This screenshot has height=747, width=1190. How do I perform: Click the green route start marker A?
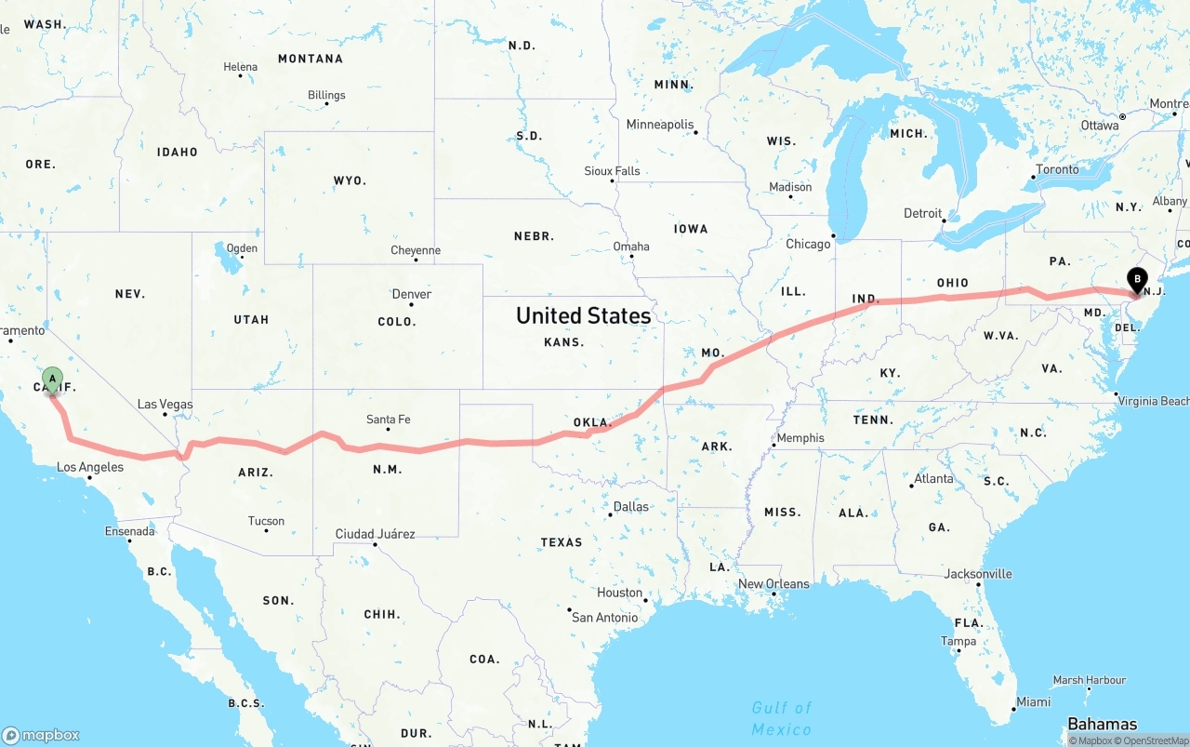(53, 379)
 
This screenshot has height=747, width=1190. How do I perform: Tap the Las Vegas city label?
(165, 405)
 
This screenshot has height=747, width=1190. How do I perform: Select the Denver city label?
(411, 294)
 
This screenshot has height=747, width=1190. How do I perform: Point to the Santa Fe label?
(388, 420)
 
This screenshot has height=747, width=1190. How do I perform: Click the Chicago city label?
(808, 244)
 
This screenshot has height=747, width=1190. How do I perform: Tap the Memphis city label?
(800, 438)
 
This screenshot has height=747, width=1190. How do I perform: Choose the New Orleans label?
(773, 584)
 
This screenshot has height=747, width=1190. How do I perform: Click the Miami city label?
(1033, 701)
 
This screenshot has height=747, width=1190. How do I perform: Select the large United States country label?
(583, 316)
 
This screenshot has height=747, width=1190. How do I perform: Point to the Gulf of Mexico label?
(782, 718)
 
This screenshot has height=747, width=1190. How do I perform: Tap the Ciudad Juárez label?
(375, 534)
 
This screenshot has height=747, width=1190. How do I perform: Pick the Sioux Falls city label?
(612, 171)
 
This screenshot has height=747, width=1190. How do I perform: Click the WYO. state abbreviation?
(350, 180)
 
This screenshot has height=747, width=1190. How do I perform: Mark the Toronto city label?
(1057, 169)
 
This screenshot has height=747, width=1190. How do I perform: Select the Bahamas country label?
(1102, 724)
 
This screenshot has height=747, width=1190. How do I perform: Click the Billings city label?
(326, 95)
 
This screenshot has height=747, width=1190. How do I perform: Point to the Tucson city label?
(266, 521)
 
